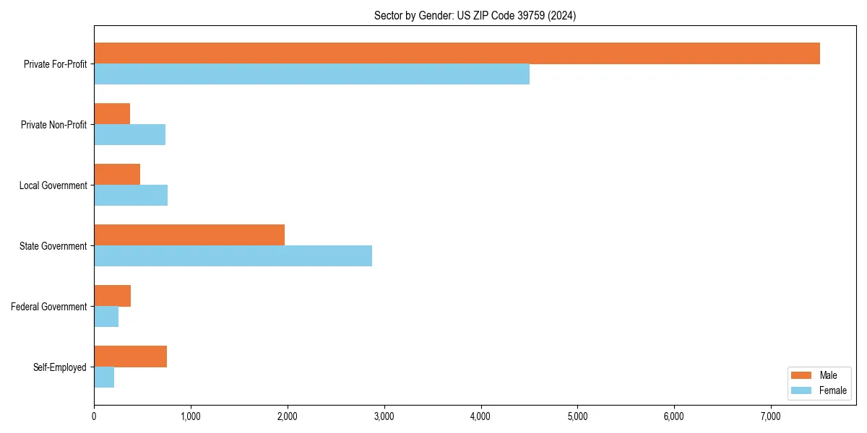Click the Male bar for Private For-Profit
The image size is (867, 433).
tap(457, 53)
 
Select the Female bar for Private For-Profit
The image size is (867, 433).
tap(311, 74)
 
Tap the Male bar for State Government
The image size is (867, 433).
tap(189, 235)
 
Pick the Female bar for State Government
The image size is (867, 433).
tap(233, 256)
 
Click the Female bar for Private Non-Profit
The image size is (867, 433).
tap(129, 135)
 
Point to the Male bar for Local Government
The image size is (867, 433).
tap(117, 175)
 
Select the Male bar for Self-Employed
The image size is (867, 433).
tap(130, 357)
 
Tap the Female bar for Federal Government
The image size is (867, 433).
tap(106, 317)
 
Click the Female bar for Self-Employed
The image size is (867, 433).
tap(104, 377)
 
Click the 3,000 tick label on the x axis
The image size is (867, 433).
tap(384, 416)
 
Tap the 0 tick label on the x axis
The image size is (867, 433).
tap(94, 416)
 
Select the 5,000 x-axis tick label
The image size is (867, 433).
tap(577, 416)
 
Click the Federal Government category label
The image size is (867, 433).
tap(48, 307)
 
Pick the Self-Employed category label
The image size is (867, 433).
tap(59, 367)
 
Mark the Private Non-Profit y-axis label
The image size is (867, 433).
tap(53, 125)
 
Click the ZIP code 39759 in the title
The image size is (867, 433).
tap(531, 15)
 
